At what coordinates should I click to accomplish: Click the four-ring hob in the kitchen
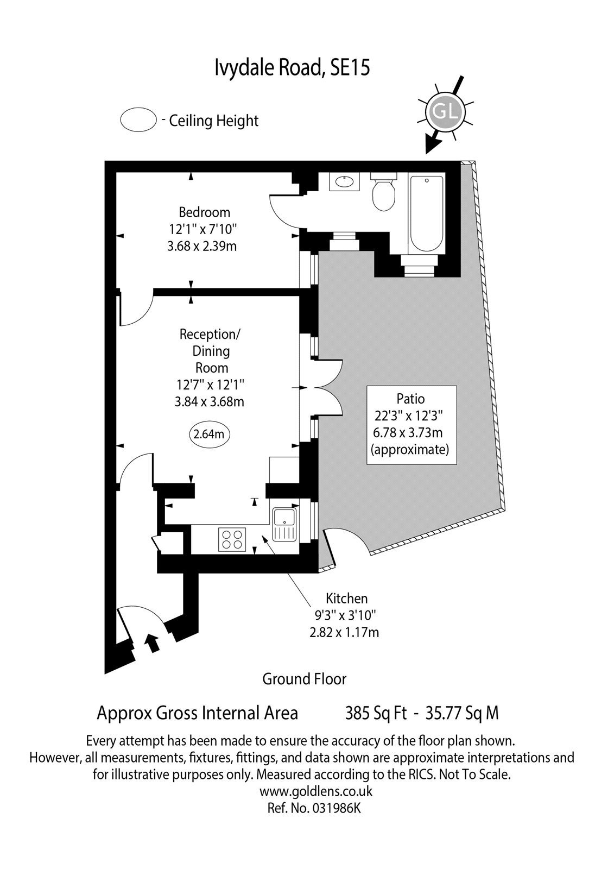tap(232, 540)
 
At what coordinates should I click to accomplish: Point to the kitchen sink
tap(284, 525)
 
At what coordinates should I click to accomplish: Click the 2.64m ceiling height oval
tap(209, 434)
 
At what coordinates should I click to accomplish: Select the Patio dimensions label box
tap(412, 425)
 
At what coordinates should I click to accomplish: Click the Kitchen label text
tap(346, 599)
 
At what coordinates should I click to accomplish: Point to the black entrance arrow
tap(153, 644)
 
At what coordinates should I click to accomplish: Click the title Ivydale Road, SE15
tap(293, 67)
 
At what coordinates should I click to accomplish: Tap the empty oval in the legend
tap(138, 119)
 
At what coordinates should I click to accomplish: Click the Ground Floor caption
tap(305, 679)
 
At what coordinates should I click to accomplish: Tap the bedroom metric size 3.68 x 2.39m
tap(202, 246)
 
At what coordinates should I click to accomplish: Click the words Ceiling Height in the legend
tap(214, 121)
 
